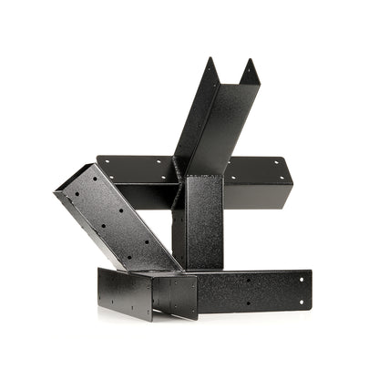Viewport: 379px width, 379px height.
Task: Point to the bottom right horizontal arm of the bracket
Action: pyautogui.click(x=255, y=290)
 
